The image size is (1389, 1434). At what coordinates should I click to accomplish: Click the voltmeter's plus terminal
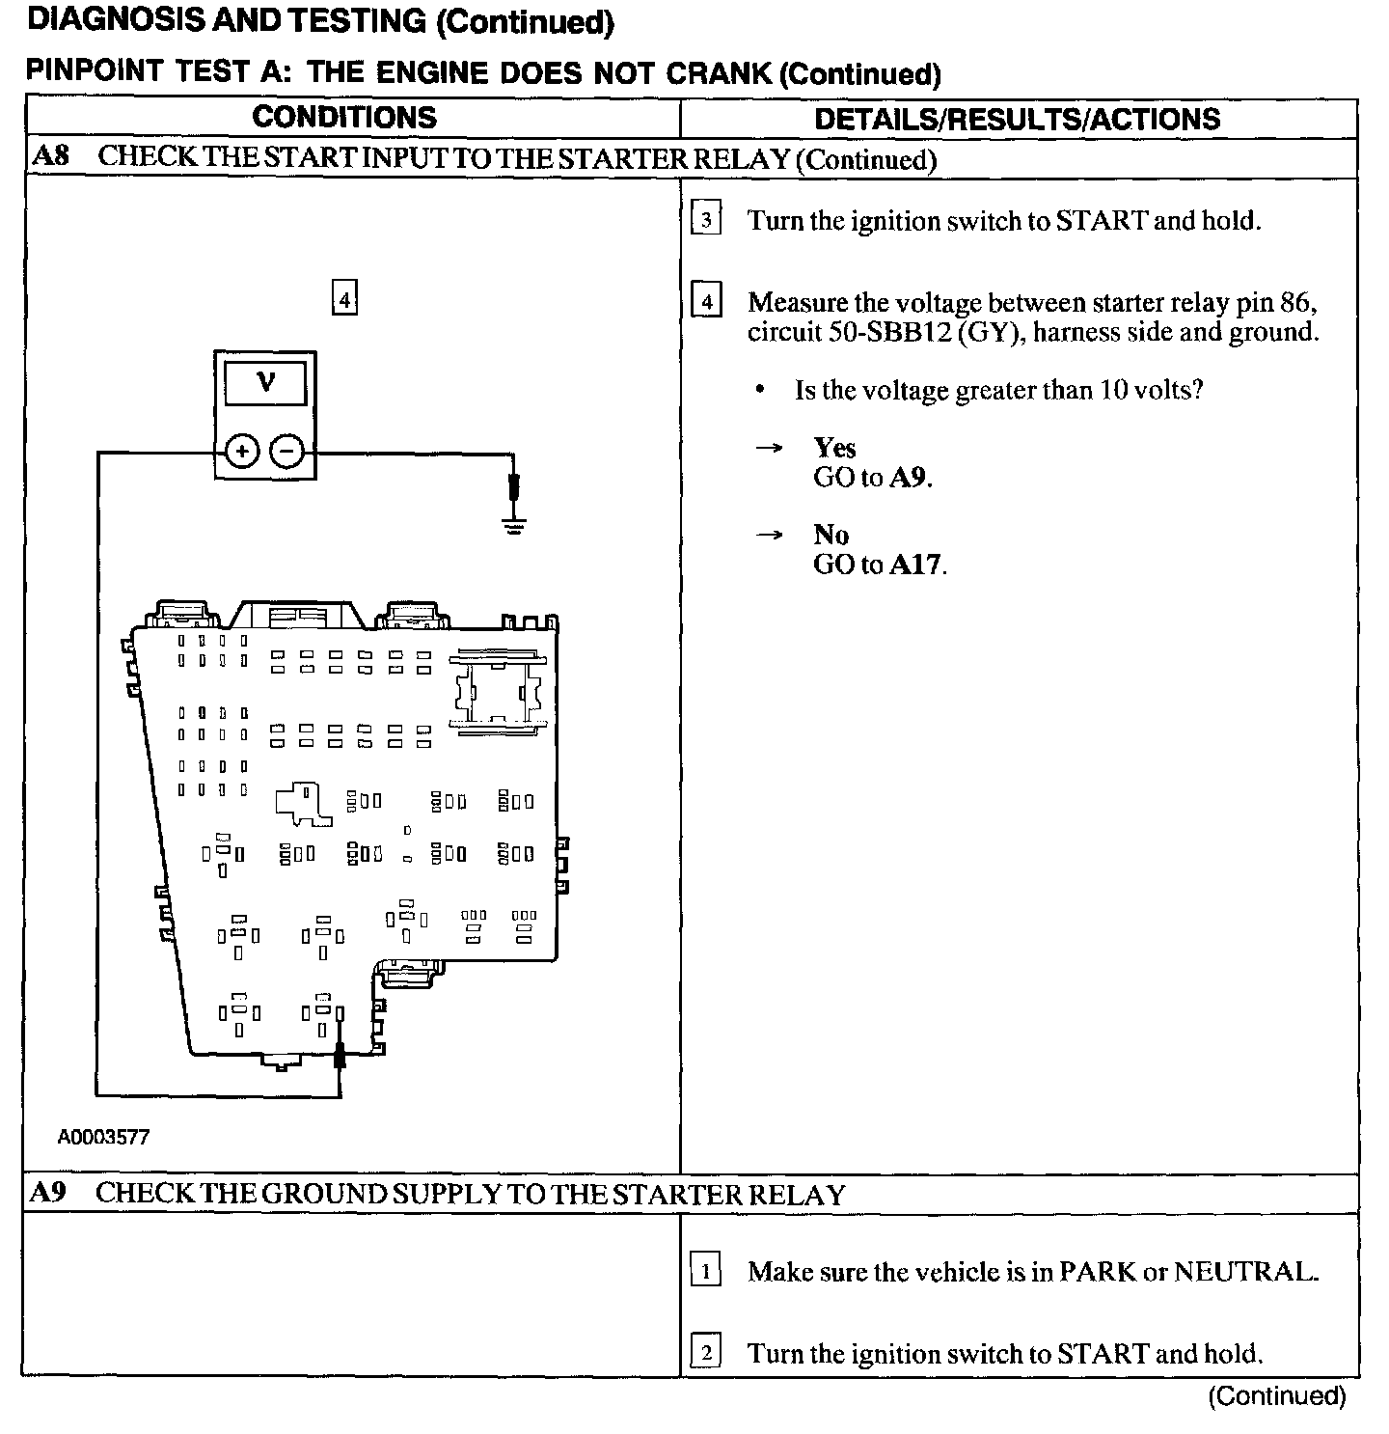242,451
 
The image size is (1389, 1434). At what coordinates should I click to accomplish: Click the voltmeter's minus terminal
286,451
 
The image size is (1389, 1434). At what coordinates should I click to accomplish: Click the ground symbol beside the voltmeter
514,526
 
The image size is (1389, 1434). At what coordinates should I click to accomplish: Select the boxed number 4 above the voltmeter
344,298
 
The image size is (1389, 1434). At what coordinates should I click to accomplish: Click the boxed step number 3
706,221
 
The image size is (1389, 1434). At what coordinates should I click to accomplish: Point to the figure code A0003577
104,1137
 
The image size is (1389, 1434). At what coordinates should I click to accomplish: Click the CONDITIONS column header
344,118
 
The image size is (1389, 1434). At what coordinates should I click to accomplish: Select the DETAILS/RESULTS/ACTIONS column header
1018,120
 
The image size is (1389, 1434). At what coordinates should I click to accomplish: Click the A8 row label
50,156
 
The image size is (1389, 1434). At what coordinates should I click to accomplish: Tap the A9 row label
48,1193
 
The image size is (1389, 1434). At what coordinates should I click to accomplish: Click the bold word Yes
834,448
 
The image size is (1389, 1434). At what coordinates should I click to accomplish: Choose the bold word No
831,535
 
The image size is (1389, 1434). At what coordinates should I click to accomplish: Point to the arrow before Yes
769,449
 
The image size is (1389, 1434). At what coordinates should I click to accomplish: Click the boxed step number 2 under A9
706,1353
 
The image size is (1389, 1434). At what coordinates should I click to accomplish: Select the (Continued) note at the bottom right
1276,1395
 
